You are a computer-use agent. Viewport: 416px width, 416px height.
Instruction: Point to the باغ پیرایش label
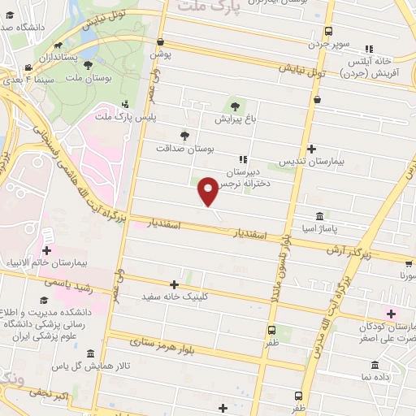pyautogui.click(x=235, y=119)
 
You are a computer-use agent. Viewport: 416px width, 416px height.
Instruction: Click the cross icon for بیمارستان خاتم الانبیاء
pyautogui.click(x=47, y=251)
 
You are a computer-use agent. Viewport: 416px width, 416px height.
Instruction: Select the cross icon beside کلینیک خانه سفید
pyautogui.click(x=174, y=284)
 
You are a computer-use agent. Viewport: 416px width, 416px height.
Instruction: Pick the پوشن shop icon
pyautogui.click(x=160, y=42)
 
